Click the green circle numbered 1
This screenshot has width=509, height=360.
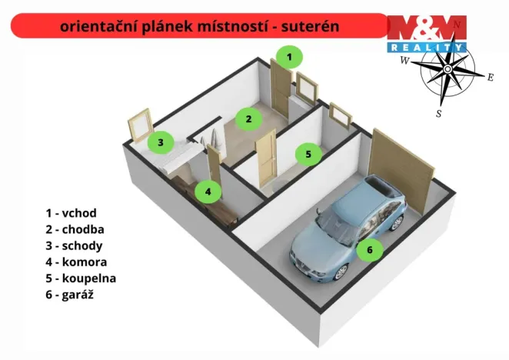click(x=289, y=56)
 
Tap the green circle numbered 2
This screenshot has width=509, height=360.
click(x=248, y=118)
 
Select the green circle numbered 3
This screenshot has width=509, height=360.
click(x=160, y=142)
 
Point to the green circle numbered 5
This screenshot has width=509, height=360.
click(x=308, y=154)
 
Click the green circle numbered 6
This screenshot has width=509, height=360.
click(x=369, y=249)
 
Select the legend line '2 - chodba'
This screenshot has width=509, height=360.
click(x=75, y=229)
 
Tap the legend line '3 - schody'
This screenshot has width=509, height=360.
click(x=74, y=245)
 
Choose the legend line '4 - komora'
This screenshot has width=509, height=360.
click(x=75, y=262)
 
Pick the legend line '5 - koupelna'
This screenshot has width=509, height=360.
click(x=81, y=278)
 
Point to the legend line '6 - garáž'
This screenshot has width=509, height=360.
click(x=71, y=294)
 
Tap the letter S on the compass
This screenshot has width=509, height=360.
click(x=439, y=113)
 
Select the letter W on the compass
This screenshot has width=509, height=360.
click(x=404, y=61)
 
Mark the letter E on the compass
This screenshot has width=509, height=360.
click(x=491, y=76)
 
